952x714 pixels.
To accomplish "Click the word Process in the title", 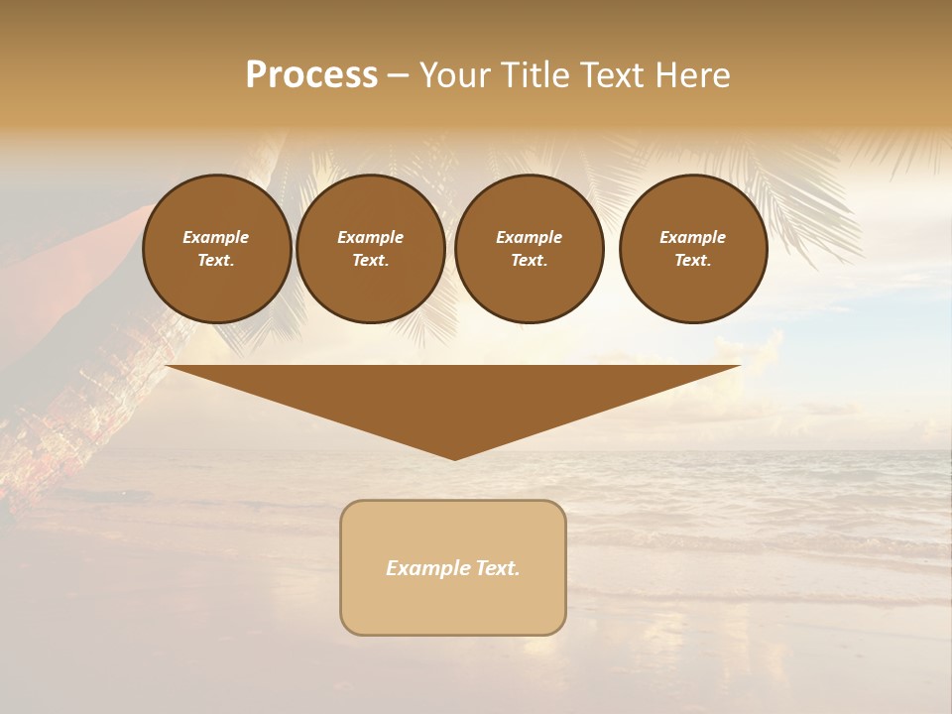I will pyautogui.click(x=311, y=75).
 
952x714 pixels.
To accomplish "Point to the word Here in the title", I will pyautogui.click(x=693, y=75).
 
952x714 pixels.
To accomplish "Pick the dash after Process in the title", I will pyautogui.click(x=399, y=76).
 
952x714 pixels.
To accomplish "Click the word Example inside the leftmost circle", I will pyautogui.click(x=216, y=237).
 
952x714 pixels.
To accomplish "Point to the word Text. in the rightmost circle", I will pyautogui.click(x=693, y=260).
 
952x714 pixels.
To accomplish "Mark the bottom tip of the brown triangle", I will pyautogui.click(x=454, y=458).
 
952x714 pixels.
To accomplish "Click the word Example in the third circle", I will pyautogui.click(x=530, y=237).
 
